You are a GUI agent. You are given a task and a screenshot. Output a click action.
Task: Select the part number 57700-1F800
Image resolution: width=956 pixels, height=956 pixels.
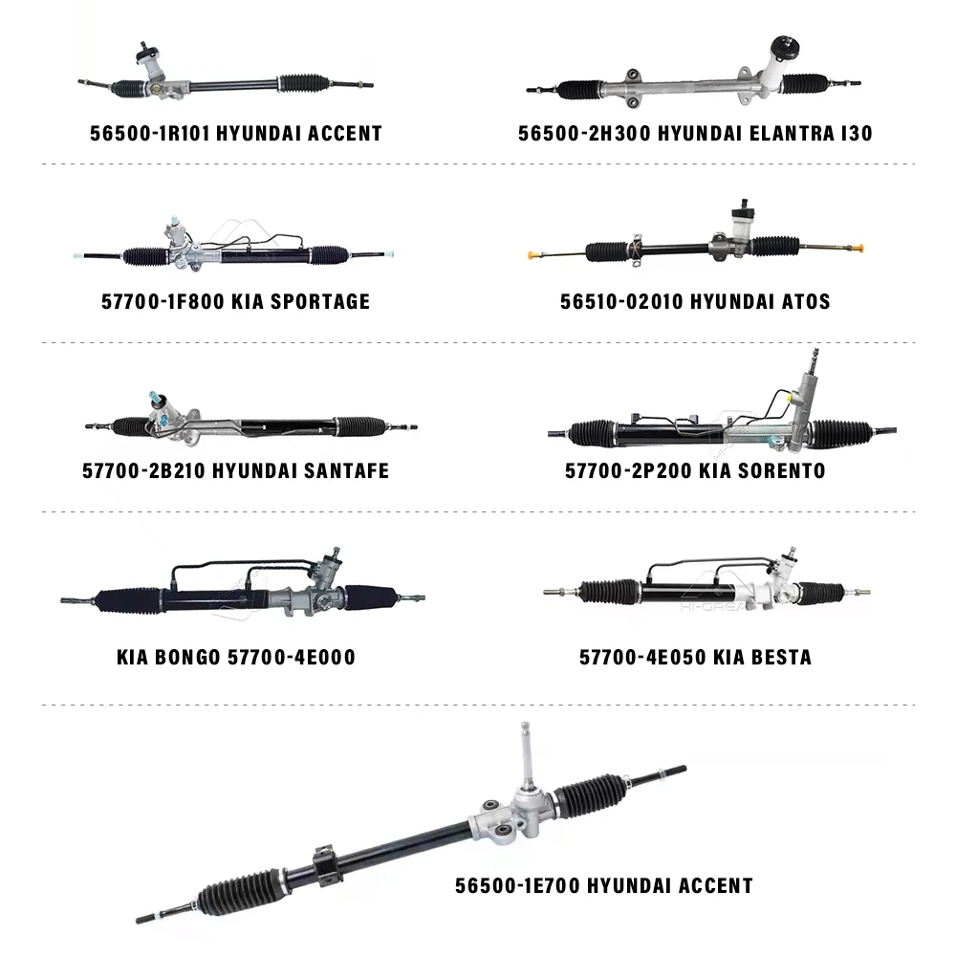[161, 301]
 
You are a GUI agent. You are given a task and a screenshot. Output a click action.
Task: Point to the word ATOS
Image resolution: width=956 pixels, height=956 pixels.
[798, 301]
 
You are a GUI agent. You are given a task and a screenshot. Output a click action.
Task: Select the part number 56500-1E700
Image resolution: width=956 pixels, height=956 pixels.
[515, 885]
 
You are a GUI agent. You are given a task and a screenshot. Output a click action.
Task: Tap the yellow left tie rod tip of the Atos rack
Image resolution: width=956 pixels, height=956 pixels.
[532, 255]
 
